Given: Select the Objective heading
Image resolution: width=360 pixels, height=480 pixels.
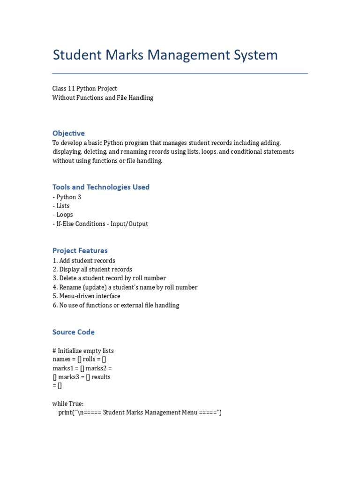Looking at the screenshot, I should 68,133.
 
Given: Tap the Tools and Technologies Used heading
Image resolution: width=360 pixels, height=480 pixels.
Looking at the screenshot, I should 101,187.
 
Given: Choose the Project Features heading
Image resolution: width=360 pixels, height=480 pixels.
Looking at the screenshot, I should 80,251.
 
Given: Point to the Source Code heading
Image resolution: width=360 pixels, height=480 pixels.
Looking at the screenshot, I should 74,332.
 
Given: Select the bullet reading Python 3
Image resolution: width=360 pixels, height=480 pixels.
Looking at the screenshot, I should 68,197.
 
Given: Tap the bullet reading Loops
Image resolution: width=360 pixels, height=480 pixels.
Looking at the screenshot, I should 64,215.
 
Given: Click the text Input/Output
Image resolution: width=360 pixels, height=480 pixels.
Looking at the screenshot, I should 129,224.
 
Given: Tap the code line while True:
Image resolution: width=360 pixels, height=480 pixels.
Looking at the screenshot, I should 68,404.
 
